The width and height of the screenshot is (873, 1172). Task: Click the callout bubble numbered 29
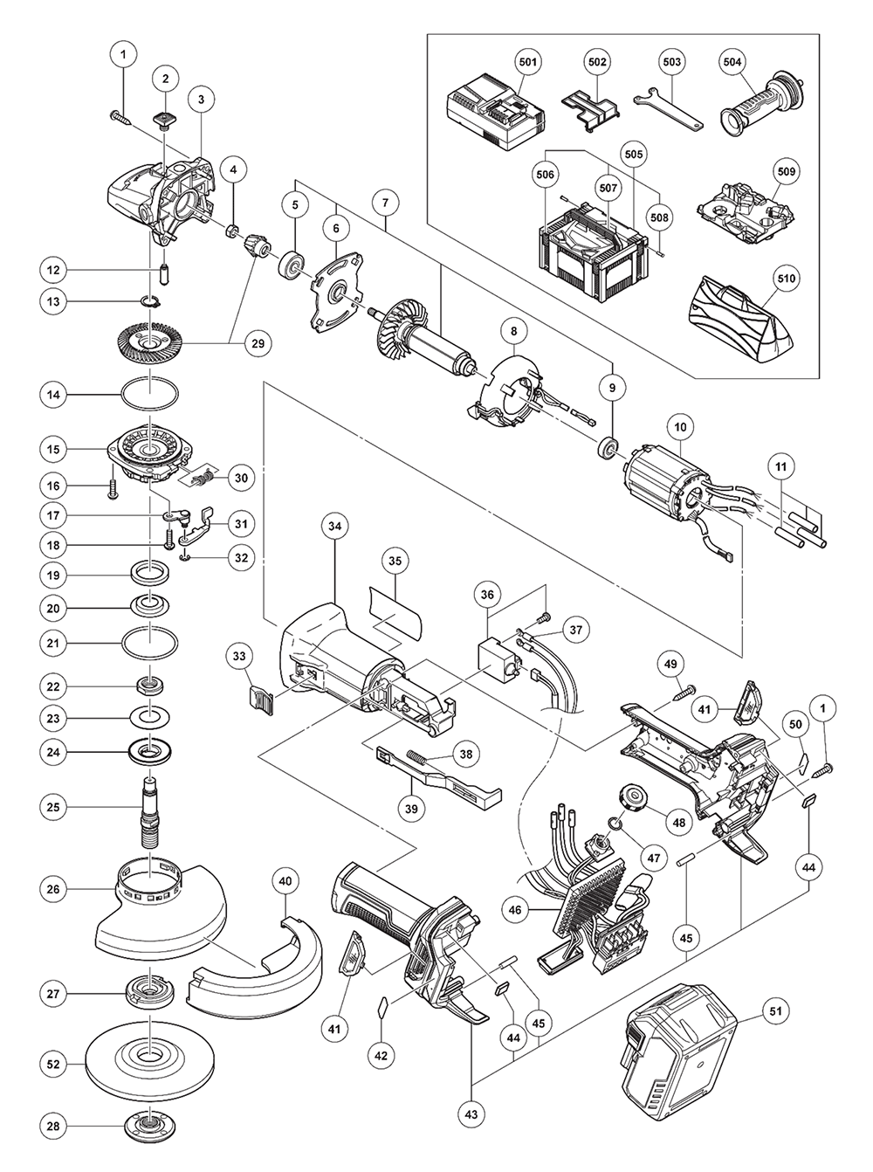[258, 344]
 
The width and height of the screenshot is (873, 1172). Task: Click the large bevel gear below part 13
[150, 342]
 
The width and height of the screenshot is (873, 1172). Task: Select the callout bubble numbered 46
[515, 910]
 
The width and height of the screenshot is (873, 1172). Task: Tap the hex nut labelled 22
[150, 686]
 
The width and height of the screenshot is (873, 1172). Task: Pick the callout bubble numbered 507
[608, 188]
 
